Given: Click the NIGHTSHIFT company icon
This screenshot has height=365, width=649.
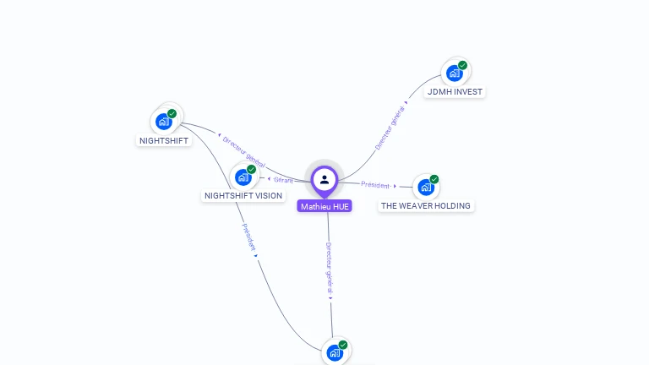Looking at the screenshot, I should coord(165,122).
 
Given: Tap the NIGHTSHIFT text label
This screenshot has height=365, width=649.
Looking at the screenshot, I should coord(164,140).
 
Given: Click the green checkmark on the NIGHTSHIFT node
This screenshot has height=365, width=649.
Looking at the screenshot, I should coord(172,113).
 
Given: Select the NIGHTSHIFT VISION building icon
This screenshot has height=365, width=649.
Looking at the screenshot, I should coord(243,177).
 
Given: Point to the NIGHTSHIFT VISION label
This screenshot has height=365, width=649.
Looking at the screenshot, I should coord(243,196).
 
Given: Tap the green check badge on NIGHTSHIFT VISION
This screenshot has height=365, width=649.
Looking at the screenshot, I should coord(252,169).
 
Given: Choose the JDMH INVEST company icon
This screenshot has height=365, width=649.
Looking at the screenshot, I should coord(455,74).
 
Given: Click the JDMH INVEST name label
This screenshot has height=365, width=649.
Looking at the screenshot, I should coord(455,91).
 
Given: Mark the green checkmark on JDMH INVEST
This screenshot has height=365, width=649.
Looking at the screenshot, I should coord(463,65).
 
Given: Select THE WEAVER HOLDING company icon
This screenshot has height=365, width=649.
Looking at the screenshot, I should coord(426,187).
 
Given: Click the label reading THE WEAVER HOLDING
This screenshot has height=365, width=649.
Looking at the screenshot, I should coord(426,205).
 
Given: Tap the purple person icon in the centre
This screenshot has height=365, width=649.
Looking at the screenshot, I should coord(324,179).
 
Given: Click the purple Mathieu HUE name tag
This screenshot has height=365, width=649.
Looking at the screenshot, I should coord(324,206).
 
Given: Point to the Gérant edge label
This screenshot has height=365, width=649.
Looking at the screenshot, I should coord(283,179).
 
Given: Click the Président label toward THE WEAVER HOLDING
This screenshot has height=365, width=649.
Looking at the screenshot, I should coord(375,184).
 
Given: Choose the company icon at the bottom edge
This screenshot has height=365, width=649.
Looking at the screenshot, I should coord(335,353).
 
